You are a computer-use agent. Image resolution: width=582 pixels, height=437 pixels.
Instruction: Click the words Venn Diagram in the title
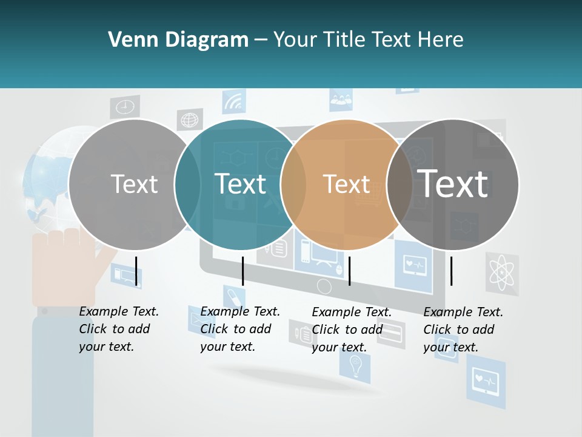click(x=178, y=40)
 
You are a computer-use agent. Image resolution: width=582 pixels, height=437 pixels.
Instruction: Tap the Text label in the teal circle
click(x=241, y=184)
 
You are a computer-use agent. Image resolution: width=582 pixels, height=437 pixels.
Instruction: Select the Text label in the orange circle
click(x=346, y=184)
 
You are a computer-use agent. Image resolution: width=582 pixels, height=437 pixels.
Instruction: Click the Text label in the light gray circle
click(x=135, y=184)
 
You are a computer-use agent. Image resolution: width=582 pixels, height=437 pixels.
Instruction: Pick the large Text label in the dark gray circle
click(x=453, y=183)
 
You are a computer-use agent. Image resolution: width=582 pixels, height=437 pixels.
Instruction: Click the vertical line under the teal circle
click(x=242, y=271)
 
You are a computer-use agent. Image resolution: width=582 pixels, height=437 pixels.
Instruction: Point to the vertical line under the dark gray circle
click(x=451, y=271)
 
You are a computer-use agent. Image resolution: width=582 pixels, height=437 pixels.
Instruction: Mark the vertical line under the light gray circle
click(x=136, y=271)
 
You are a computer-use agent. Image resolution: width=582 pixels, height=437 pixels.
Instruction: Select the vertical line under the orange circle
click(x=349, y=271)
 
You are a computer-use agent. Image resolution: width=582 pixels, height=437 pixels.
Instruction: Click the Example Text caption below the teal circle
click(x=240, y=329)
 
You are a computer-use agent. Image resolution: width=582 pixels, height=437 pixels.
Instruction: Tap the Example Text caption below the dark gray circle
click(x=463, y=330)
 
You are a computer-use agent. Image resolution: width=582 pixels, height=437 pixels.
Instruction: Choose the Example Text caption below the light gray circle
click(x=119, y=329)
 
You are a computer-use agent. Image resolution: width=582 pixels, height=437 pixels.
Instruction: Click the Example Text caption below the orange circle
click(x=352, y=330)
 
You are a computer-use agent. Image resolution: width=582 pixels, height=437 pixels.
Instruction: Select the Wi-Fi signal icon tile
click(x=233, y=101)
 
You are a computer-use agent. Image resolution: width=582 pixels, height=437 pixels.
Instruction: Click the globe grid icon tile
click(x=190, y=120)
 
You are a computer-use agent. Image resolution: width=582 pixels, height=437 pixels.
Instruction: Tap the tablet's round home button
click(x=324, y=286)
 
